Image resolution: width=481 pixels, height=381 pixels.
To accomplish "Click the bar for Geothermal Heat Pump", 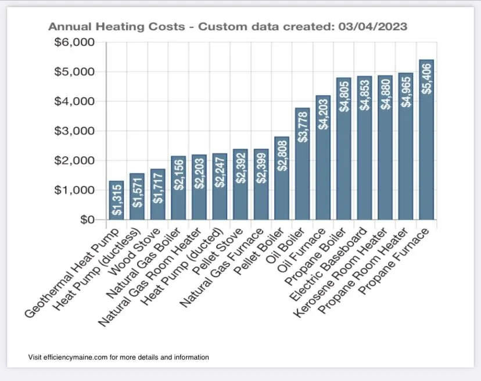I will [116, 200].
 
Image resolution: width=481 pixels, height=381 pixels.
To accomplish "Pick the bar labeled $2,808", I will [281, 180].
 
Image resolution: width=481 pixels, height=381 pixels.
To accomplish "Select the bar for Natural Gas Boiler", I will [178, 189].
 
